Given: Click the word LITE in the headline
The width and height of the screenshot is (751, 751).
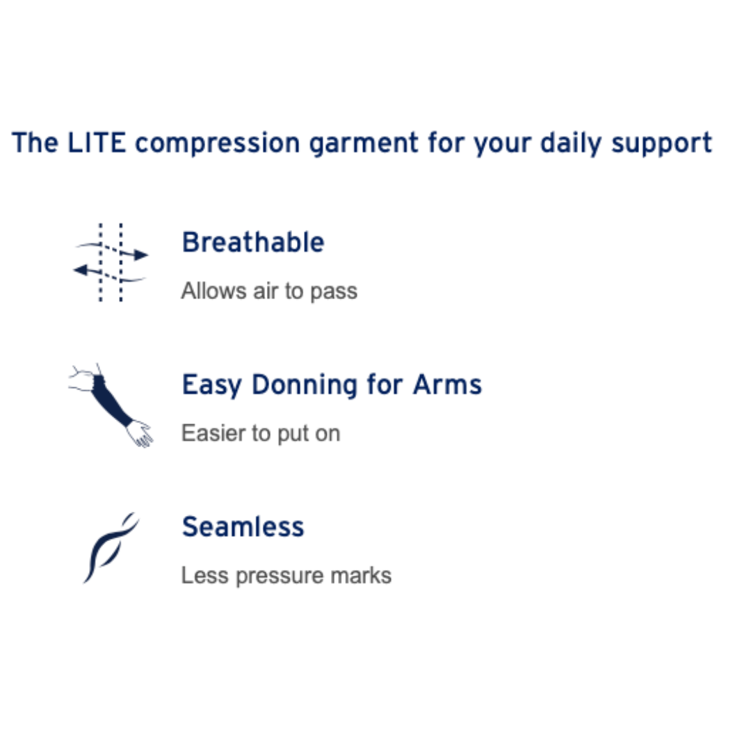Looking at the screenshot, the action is point(96,143).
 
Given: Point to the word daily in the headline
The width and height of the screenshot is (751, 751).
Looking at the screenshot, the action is point(570,143).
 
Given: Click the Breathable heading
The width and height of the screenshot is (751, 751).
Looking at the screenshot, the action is point(253,242).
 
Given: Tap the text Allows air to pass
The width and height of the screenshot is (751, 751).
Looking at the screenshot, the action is point(269,291).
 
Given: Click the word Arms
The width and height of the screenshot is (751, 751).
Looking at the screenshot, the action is point(447,385).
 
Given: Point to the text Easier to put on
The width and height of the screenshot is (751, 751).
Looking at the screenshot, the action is point(261,433).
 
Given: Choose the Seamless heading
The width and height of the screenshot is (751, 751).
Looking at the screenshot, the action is point(243,526).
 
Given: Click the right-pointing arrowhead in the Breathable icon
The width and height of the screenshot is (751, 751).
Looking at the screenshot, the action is point(140,255).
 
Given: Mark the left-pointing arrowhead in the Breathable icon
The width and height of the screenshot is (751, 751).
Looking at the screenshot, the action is point(81,270).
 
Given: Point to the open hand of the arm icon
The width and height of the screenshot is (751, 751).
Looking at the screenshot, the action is point(140,434).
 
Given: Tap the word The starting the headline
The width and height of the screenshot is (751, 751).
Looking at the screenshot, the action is point(35,143).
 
